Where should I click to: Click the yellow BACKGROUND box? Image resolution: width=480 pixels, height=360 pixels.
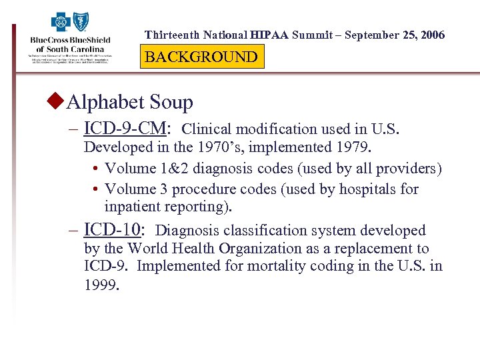[x=201, y=57]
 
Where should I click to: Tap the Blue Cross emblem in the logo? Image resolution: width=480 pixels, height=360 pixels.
[x=61, y=22]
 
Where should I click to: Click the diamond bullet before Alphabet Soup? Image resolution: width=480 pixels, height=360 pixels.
[x=57, y=102]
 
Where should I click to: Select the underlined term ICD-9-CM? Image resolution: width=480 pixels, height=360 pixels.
[x=127, y=128]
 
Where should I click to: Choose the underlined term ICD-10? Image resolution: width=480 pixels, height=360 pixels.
[x=113, y=230]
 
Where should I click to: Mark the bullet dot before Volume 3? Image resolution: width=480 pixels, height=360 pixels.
[x=97, y=190]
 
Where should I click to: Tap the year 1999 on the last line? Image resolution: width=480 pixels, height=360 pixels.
[x=102, y=285]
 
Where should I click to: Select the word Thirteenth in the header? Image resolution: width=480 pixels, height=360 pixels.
[x=171, y=35]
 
